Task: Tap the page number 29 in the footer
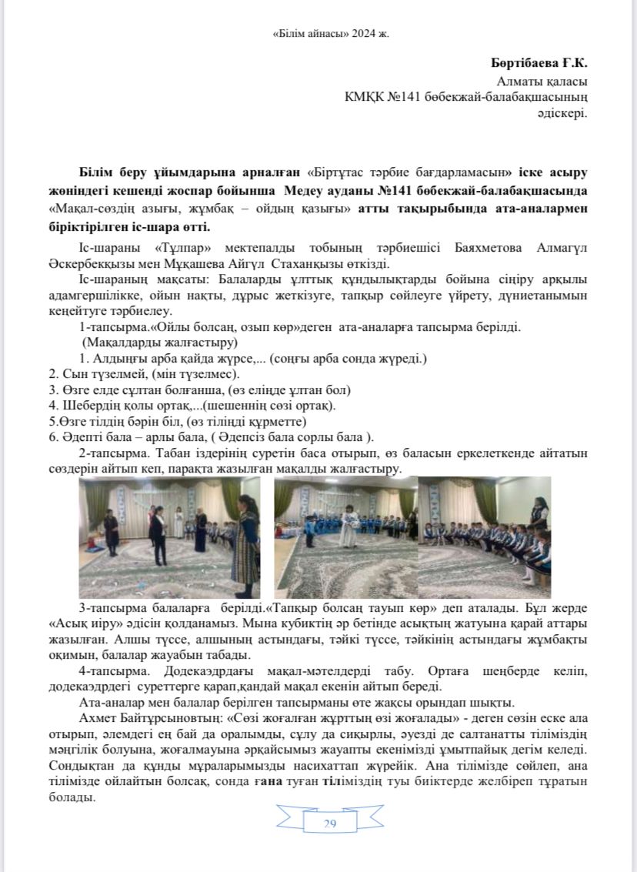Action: (x=330, y=824)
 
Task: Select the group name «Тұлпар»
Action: (x=170, y=249)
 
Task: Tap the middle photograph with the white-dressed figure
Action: (x=345, y=526)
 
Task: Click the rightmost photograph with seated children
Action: (x=484, y=526)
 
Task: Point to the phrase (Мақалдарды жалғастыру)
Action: (x=159, y=342)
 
